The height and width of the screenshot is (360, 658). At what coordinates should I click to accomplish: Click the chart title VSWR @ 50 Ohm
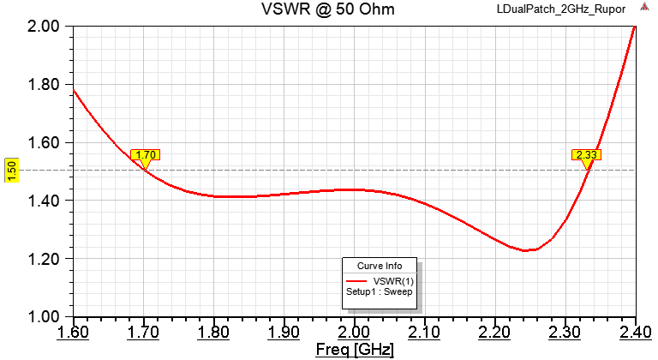(x=328, y=9)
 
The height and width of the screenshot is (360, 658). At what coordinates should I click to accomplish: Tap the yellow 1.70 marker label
(x=146, y=155)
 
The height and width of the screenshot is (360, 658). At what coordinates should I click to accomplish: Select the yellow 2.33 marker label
(x=587, y=155)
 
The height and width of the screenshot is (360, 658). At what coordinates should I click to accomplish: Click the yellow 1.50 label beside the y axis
(x=11, y=170)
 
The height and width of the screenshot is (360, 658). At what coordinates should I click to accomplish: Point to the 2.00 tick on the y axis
(x=42, y=27)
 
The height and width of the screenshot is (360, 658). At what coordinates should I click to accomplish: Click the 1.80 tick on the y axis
(x=42, y=85)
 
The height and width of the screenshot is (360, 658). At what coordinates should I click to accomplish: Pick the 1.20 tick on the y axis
(x=42, y=259)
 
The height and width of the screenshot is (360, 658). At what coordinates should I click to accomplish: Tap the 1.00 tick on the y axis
(x=42, y=316)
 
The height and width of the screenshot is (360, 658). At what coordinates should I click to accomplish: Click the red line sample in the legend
(x=357, y=281)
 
